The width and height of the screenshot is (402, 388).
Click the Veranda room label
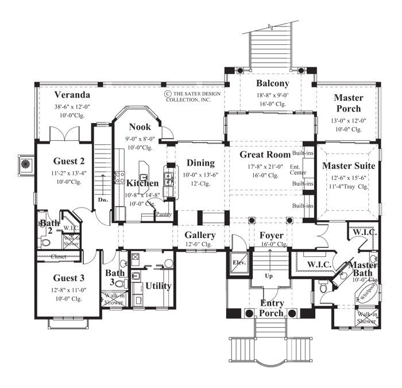point(72,95)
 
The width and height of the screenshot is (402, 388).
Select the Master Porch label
point(348,103)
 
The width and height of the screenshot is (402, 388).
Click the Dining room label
point(199,163)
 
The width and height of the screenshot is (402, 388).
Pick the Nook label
point(140,126)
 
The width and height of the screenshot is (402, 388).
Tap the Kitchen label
point(142,183)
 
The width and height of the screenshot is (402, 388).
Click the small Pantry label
point(164,214)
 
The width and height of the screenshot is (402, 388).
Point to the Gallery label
point(200,235)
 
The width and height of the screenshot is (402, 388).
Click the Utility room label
point(159,286)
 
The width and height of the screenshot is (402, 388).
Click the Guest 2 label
point(69,162)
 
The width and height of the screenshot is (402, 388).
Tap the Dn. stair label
point(103,199)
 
